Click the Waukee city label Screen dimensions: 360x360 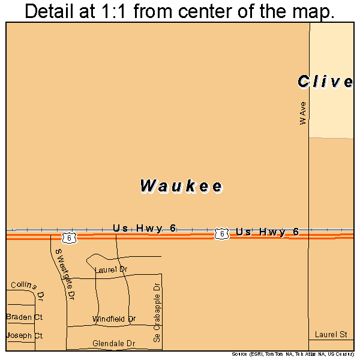182,186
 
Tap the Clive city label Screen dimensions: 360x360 325,82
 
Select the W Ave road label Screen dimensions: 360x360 304,113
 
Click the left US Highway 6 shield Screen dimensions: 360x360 70,238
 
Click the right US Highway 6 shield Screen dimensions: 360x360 221,232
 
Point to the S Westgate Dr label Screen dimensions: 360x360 64,274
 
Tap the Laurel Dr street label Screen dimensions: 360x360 112,270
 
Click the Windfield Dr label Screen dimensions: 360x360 114,319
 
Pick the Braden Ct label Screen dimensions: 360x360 25,316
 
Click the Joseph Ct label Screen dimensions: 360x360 25,336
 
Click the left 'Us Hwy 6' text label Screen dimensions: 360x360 145,228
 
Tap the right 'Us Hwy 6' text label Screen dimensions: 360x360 267,232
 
